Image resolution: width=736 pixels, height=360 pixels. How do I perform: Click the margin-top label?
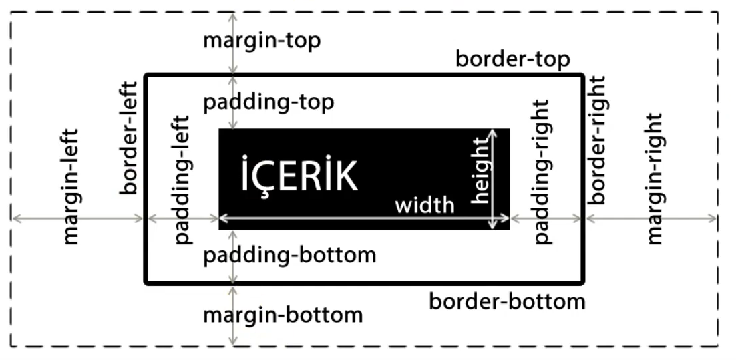(x=261, y=41)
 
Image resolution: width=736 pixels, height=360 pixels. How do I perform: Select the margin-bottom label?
(x=283, y=314)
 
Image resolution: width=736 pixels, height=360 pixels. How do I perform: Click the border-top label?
(x=512, y=59)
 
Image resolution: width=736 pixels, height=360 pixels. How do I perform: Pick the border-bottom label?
(x=507, y=301)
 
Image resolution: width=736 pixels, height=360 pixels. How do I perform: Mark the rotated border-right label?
(x=596, y=140)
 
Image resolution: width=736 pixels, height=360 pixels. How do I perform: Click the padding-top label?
(x=268, y=102)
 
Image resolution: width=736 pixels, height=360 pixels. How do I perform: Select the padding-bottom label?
(x=289, y=254)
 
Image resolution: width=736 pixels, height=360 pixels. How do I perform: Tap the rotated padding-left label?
(x=181, y=178)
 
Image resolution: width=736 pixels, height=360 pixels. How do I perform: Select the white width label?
(x=425, y=204)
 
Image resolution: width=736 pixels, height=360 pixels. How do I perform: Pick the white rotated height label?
(x=480, y=170)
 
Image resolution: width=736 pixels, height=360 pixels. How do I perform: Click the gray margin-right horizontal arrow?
(x=651, y=218)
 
